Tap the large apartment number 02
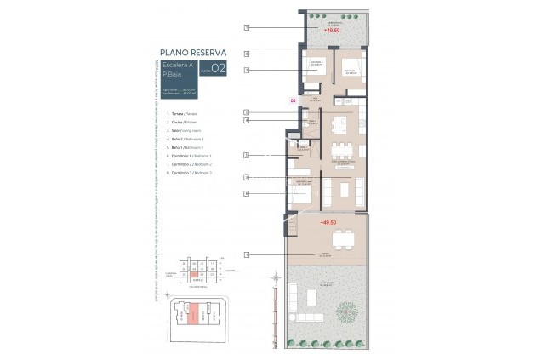pyautogui.click(x=219, y=70)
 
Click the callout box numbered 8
pyautogui.click(x=246, y=54)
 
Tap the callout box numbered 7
pyautogui.click(x=246, y=70)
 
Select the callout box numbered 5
pyautogui.click(x=246, y=155)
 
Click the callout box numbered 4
pyautogui.click(x=246, y=121)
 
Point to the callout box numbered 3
pyautogui.click(x=246, y=177)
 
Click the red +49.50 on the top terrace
pyautogui.click(x=332, y=30)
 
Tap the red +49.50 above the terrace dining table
pyautogui.click(x=329, y=222)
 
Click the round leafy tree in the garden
pyautogui.click(x=346, y=311)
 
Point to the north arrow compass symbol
pyautogui.click(x=276, y=276)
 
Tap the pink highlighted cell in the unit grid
pyautogui.click(x=193, y=273)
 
